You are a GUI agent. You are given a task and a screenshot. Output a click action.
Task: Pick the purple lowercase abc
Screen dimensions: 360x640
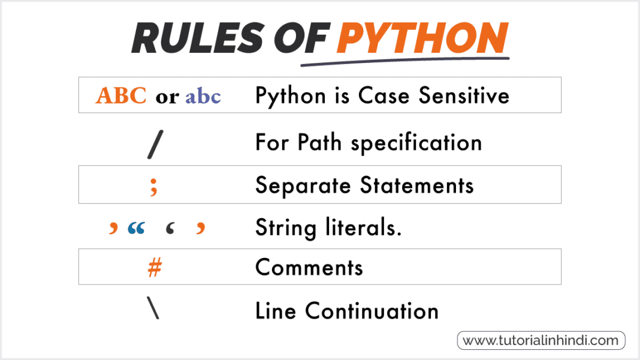(x=203, y=96)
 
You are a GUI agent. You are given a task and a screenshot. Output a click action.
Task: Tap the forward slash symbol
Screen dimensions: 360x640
(x=154, y=143)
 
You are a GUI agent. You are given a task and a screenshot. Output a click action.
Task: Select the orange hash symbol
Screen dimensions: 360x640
(x=154, y=268)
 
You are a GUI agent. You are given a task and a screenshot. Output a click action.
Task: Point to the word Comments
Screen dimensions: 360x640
(x=309, y=267)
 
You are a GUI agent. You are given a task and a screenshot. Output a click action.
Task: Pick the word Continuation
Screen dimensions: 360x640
(x=372, y=311)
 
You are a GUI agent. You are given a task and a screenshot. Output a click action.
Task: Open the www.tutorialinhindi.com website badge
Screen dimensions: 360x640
(x=541, y=340)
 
